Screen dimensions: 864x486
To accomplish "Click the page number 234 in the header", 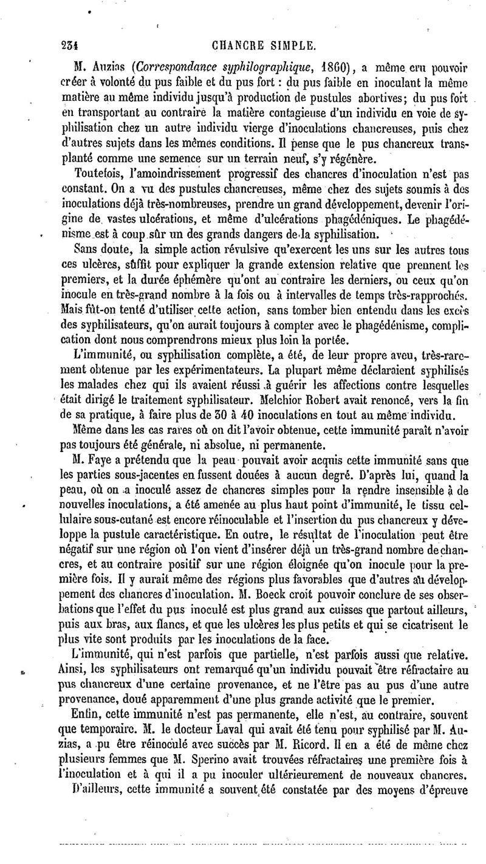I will pyautogui.click(x=72, y=44).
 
